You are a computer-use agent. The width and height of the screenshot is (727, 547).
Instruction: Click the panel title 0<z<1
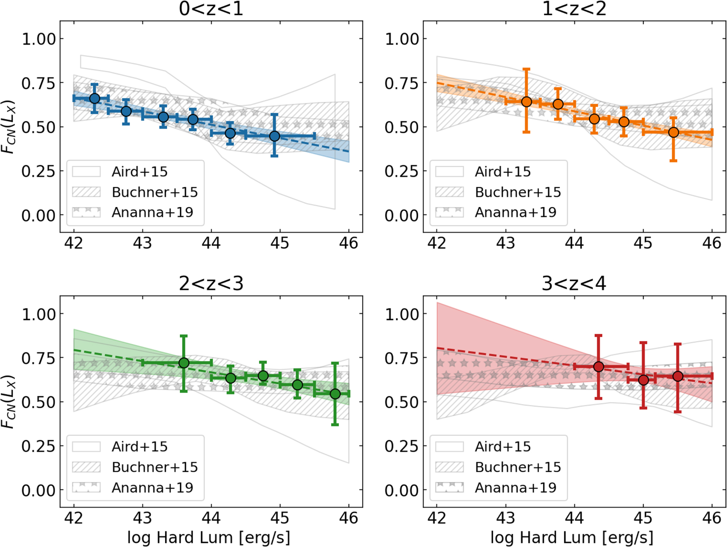pos(211,9)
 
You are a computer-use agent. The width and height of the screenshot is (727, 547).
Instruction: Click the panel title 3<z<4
pos(574,284)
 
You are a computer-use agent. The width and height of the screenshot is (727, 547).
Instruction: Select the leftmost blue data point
pos(95,99)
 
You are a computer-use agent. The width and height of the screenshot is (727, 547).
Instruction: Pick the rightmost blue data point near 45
pos(274,136)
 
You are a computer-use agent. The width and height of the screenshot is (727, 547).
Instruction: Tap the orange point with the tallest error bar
pos(527,101)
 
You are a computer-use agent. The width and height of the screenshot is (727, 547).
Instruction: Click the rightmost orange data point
pos(673,132)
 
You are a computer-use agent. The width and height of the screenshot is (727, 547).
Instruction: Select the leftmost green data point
pos(184,363)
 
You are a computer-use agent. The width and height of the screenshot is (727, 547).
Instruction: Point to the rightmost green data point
pos(335,394)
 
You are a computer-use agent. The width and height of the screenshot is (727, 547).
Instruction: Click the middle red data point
pos(643,380)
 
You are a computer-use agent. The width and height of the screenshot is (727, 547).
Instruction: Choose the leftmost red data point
pos(598,367)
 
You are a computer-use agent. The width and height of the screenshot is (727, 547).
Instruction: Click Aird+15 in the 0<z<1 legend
pos(139,172)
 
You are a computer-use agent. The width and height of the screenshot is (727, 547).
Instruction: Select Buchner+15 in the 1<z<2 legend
pos(517,192)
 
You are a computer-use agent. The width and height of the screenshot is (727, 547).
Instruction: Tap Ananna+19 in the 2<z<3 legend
pos(152,488)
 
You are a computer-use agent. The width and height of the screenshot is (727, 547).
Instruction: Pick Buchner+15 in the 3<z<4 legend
pos(517,467)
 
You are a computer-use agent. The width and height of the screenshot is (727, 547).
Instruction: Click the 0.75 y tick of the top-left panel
pos(38,83)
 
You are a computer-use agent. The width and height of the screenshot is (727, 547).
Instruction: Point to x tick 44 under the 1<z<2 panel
pos(574,243)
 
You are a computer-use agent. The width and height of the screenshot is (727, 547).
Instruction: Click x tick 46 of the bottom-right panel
pos(711,518)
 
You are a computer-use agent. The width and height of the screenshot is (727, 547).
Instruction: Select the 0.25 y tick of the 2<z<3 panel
pos(38,446)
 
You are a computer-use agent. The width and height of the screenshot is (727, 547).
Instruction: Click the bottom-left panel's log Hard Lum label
pos(209,538)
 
